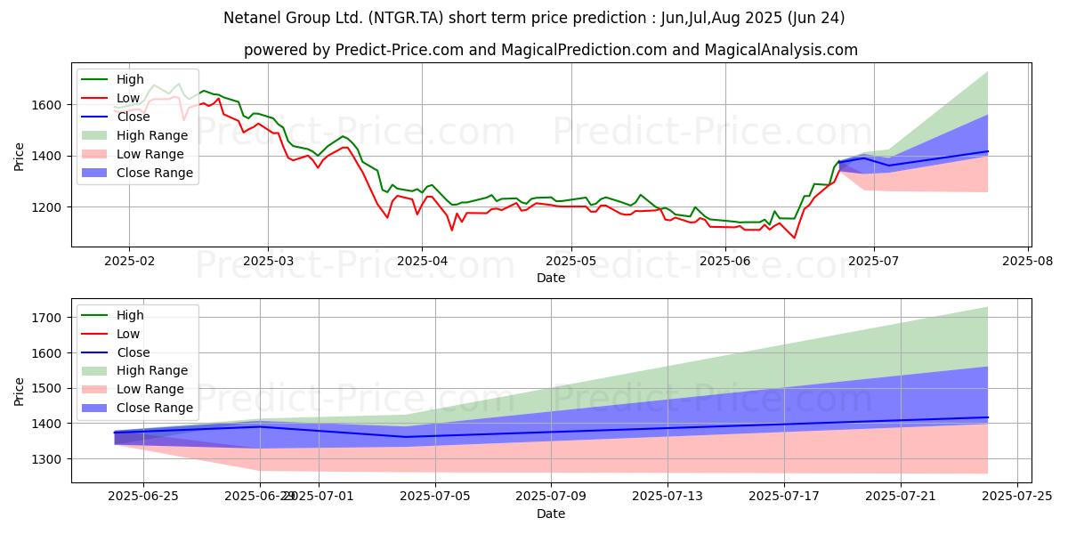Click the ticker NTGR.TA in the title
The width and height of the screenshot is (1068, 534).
[x=407, y=18]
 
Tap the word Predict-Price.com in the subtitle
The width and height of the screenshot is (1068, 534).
[x=399, y=50]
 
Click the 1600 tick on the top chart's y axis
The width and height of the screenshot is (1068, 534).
[x=46, y=105]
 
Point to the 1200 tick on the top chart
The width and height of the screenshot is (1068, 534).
[x=46, y=208]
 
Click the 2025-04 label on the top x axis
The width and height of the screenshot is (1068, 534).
[x=422, y=262]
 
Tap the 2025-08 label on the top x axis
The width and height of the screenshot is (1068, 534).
[x=1027, y=262]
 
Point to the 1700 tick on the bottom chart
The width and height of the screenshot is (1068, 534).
[x=46, y=318]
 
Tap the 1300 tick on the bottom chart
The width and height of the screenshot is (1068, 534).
[x=46, y=459]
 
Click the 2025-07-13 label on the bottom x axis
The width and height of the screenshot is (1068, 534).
[x=667, y=497]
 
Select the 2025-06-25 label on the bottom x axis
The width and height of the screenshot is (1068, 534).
[x=143, y=497]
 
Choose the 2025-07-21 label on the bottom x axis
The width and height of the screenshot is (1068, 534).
[x=901, y=497]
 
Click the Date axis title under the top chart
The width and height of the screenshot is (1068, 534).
[x=551, y=278]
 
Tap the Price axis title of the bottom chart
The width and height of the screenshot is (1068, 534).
[x=19, y=392]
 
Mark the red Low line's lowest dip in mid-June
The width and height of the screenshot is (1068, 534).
[x=794, y=238]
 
